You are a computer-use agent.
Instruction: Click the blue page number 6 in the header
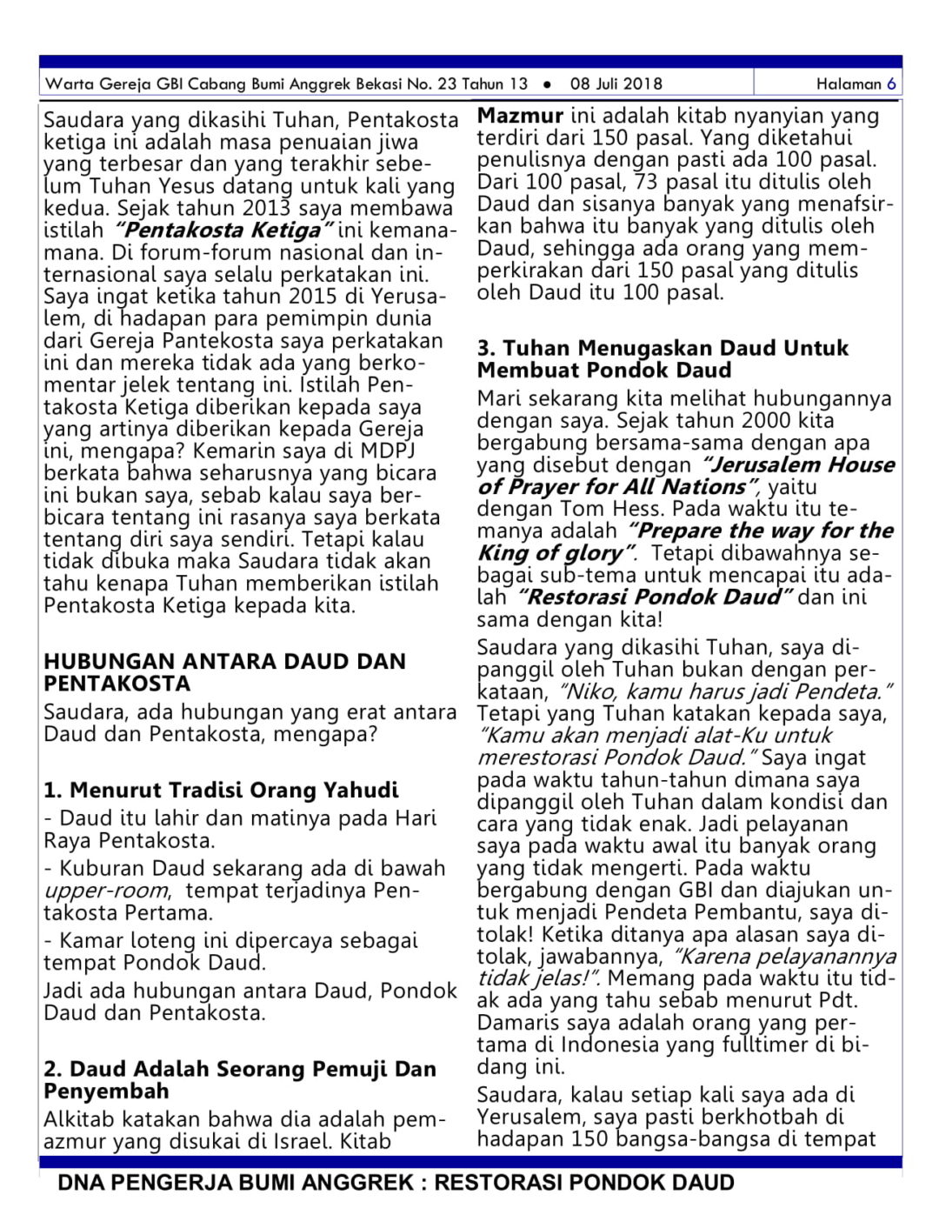(891, 84)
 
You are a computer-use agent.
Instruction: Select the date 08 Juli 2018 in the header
(616, 84)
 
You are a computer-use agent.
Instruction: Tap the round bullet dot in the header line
(547, 85)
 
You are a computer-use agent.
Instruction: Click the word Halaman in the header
(849, 84)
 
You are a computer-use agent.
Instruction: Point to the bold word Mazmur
(520, 116)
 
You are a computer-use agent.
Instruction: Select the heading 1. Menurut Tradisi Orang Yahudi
(221, 790)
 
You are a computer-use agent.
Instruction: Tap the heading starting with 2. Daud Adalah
(239, 1079)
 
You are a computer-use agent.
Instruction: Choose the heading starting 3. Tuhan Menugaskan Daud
(662, 359)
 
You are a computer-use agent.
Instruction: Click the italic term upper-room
(105, 891)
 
